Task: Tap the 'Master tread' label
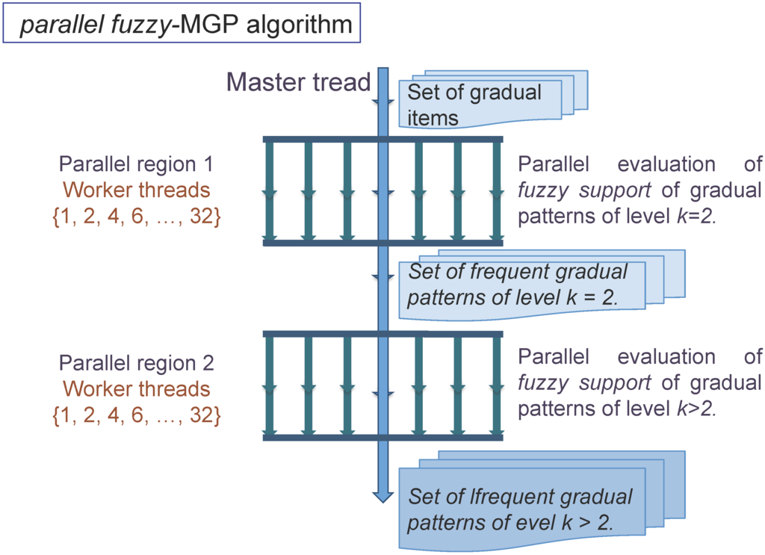click(299, 82)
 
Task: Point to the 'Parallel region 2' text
click(136, 364)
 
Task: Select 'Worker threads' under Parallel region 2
click(136, 389)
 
